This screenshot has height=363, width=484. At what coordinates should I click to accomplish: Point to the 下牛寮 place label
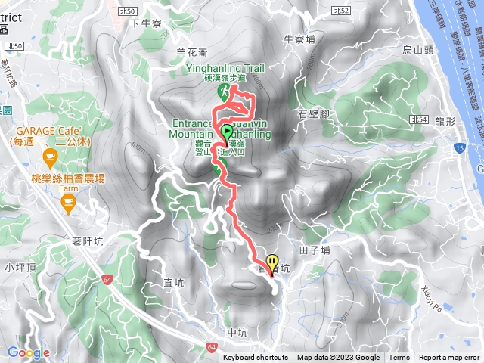(146, 23)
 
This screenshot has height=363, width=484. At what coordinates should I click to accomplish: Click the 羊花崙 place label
(191, 52)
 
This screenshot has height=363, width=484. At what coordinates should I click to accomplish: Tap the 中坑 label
(237, 332)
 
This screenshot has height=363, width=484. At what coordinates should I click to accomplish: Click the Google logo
(29, 352)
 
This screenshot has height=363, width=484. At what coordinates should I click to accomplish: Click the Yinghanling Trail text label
(223, 68)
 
